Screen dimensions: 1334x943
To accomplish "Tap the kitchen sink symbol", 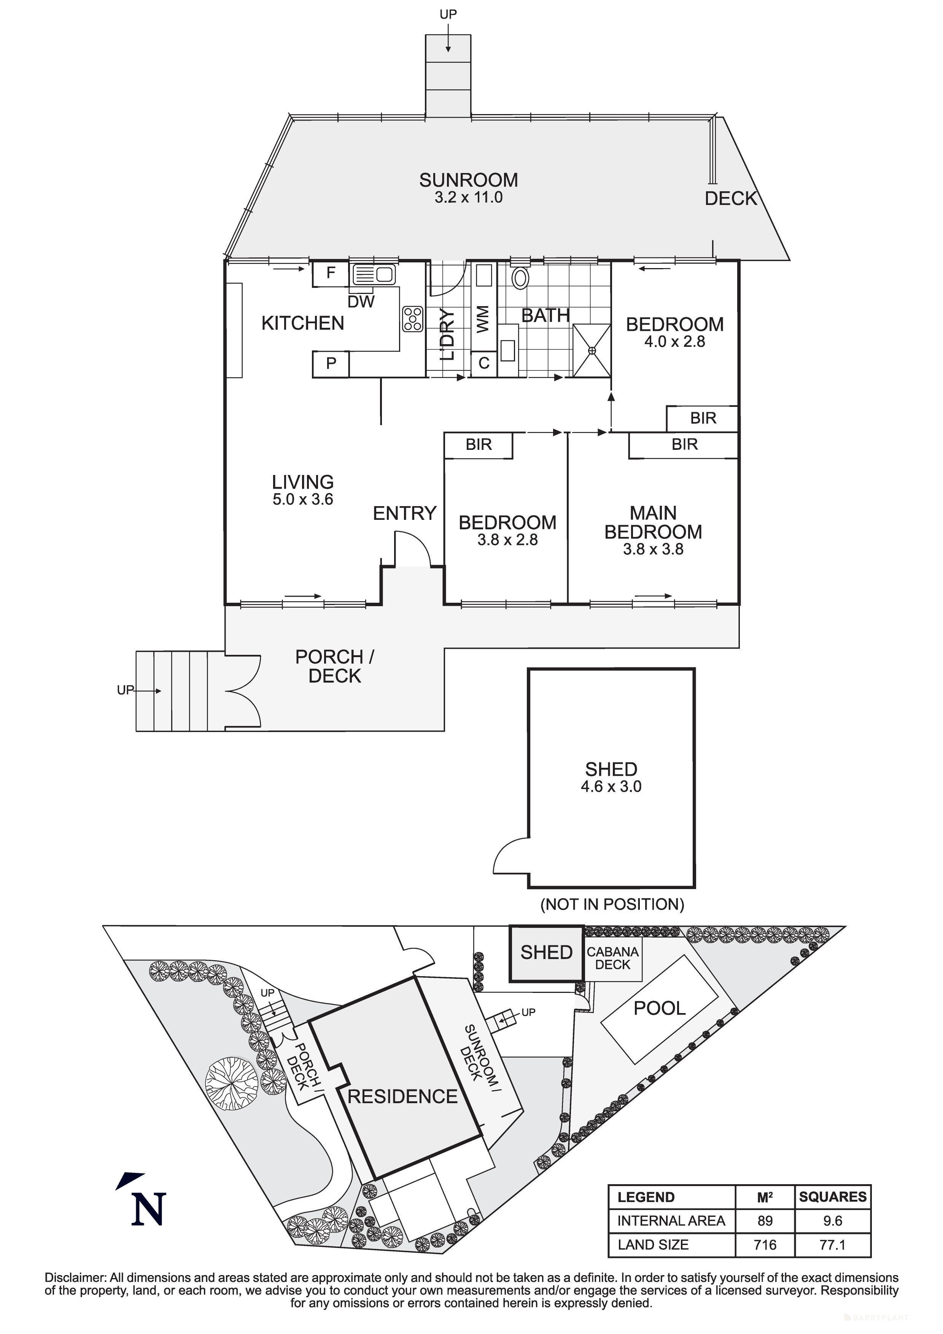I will click(x=373, y=274).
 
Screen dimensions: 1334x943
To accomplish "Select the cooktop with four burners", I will click(x=413, y=319).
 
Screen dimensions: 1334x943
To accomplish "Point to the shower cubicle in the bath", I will click(x=592, y=350).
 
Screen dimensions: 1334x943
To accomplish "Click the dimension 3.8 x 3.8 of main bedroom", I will click(x=653, y=549).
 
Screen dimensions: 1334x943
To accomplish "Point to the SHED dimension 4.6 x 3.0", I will click(x=611, y=787).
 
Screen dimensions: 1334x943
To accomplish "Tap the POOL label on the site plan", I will click(x=660, y=1008).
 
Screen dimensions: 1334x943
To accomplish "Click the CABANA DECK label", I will click(x=612, y=958).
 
